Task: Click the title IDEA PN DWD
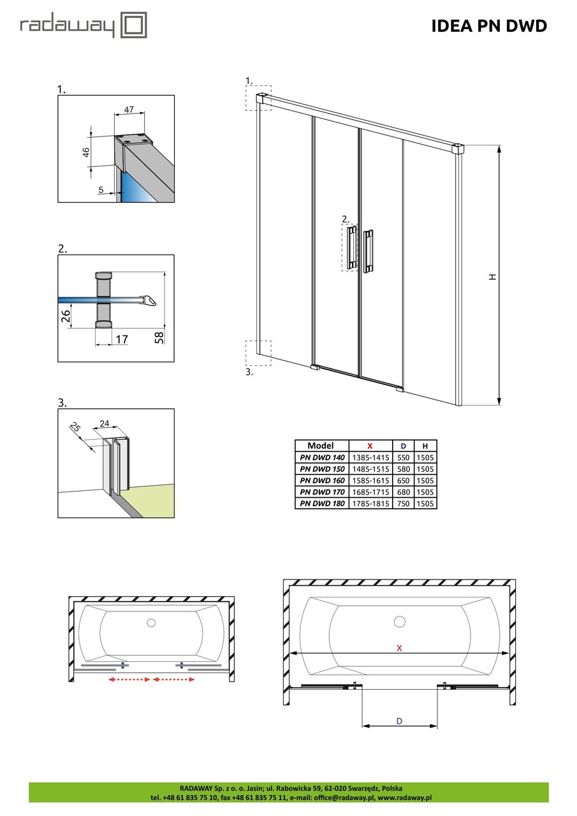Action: point(489,26)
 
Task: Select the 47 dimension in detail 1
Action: point(129,110)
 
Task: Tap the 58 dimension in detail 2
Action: point(159,336)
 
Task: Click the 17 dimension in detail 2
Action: point(121,340)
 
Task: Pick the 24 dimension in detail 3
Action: point(105,422)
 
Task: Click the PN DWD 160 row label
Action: point(323,480)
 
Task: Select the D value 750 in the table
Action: point(403,503)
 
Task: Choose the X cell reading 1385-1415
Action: point(370,457)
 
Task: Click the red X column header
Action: point(370,446)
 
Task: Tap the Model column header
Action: point(323,446)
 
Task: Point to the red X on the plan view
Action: point(400,647)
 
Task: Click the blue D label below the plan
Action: point(399,721)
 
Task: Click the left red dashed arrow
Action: point(129,680)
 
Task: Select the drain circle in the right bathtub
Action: point(400,622)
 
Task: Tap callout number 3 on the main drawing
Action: point(249,372)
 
